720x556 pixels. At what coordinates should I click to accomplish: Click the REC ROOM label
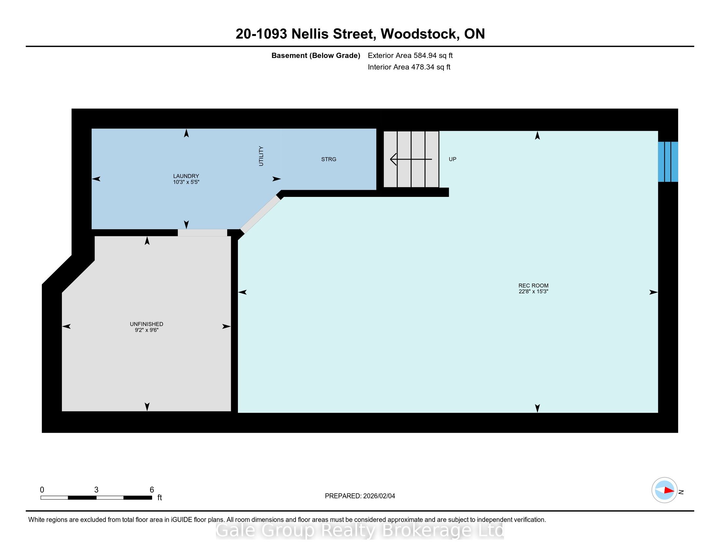pos(533,286)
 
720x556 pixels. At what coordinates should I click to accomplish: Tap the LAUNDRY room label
pos(186,176)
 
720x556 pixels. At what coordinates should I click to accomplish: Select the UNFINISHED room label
pos(146,324)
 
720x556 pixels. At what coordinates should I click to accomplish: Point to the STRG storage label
pos(329,159)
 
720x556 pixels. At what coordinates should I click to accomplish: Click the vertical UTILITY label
pos(261,156)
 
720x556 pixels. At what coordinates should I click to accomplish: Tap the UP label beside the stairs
pos(452,159)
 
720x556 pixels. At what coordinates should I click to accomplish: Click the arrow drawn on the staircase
pos(411,159)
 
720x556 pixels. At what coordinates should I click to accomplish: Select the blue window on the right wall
pos(668,162)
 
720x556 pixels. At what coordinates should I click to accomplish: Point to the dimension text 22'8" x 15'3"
pos(533,291)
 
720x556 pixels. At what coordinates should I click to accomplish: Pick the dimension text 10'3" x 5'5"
pos(186,182)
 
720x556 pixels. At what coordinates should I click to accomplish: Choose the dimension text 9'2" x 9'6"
pos(147,330)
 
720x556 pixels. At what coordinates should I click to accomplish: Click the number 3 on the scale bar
pos(96,490)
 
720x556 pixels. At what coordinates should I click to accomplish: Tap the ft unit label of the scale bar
pos(160,497)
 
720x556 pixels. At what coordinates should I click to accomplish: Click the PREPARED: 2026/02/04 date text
pos(360,496)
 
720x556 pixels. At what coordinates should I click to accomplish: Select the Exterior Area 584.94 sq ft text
pos(410,55)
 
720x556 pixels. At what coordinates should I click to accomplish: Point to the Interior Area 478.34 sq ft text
pos(409,67)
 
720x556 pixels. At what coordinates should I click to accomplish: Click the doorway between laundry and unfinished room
pos(202,233)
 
